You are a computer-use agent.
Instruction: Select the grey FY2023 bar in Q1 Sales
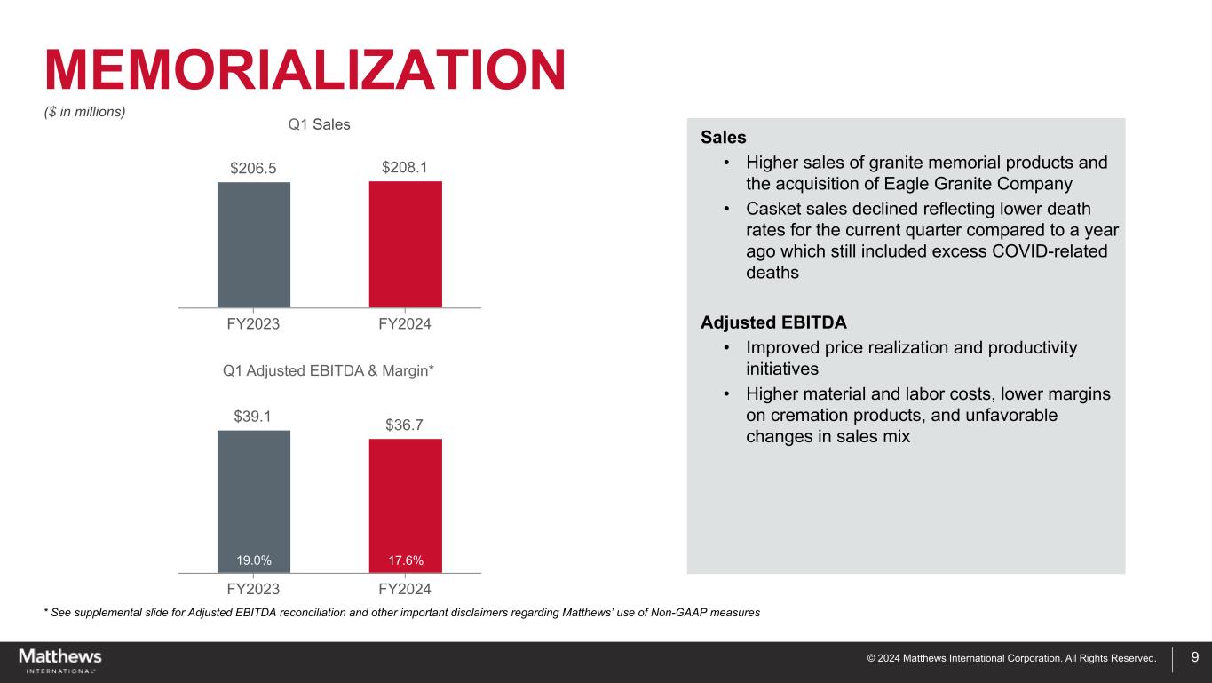(254, 244)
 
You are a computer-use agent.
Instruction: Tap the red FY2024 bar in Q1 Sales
(406, 244)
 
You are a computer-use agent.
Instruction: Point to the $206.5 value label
(253, 168)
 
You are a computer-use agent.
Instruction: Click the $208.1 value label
(405, 167)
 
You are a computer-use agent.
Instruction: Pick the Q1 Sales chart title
(320, 124)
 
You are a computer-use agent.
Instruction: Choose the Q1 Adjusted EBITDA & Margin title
(328, 370)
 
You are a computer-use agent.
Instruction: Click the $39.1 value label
(253, 416)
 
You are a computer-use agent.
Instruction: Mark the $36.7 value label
(405, 425)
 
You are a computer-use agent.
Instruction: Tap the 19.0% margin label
(254, 560)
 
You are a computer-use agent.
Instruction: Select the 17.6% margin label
(406, 560)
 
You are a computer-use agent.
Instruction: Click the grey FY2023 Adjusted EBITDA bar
(254, 493)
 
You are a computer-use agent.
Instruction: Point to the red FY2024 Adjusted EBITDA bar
(406, 497)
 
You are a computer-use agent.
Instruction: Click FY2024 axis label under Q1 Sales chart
(405, 324)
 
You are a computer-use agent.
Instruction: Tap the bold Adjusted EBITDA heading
(773, 322)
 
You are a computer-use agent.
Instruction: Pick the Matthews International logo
(60, 661)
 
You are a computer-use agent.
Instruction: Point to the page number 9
(1195, 658)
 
